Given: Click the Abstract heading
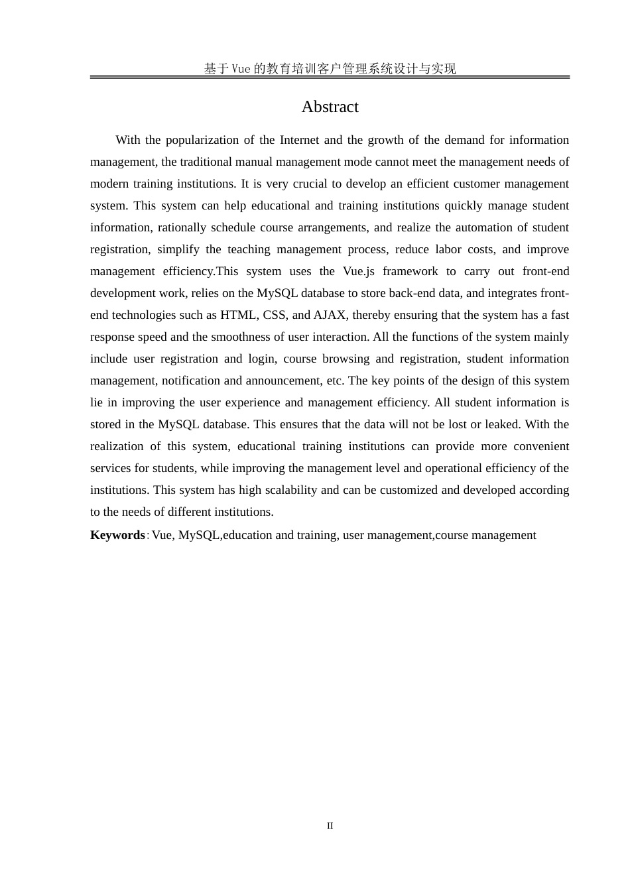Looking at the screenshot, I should click(x=330, y=107).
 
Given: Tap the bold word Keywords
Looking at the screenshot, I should click(x=117, y=535).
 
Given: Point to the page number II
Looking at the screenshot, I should click(x=330, y=826).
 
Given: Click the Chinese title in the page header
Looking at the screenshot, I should click(x=330, y=68).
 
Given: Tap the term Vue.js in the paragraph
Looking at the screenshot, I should click(x=359, y=271).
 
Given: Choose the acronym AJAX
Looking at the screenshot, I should click(x=330, y=315).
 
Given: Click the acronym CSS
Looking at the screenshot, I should click(x=275, y=315).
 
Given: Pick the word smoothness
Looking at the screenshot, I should click(x=241, y=337).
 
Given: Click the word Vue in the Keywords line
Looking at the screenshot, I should click(x=162, y=535).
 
